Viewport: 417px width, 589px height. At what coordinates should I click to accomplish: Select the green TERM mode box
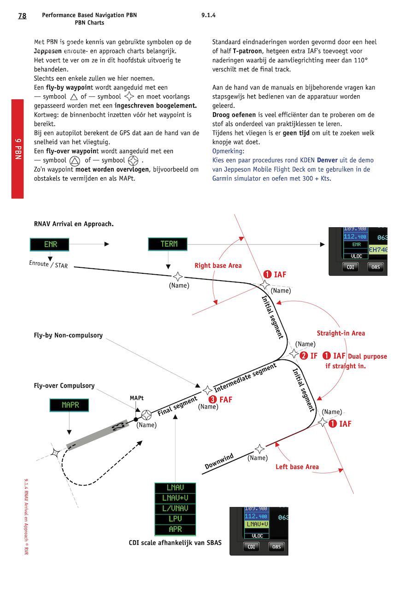tap(168, 244)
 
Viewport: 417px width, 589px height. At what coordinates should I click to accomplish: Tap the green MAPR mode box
tap(69, 405)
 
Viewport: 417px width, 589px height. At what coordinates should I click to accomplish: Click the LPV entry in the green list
tap(175, 519)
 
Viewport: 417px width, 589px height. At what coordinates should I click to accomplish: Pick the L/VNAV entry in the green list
tap(175, 508)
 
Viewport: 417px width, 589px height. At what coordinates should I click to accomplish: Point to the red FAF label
tap(221, 400)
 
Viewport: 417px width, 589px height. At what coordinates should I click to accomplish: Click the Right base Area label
tap(218, 266)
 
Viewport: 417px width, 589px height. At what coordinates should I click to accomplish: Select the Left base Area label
tap(297, 467)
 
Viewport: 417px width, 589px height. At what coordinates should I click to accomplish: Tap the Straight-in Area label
tap(341, 333)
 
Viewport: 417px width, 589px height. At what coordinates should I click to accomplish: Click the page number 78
tap(22, 16)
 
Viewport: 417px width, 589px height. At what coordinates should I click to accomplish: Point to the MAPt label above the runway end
tap(137, 398)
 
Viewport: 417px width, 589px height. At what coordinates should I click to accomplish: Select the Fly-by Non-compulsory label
tap(68, 335)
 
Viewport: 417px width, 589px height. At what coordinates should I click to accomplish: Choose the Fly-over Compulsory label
tap(64, 386)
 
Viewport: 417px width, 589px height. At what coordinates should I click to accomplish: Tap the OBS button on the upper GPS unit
tap(376, 267)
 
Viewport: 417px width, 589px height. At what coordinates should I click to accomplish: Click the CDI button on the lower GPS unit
tap(252, 547)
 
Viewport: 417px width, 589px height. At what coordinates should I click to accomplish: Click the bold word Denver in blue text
tap(327, 160)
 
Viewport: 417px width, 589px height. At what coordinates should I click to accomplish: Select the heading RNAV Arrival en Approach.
tap(74, 224)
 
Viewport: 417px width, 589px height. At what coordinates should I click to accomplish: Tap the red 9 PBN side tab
tap(18, 149)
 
